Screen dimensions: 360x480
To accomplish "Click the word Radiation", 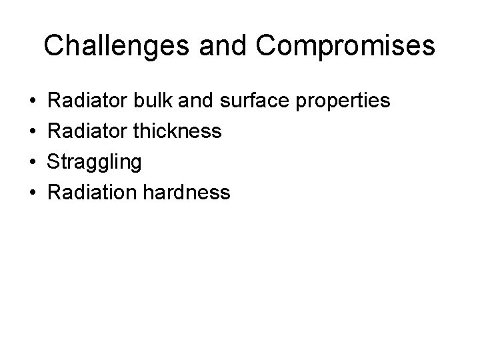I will pyautogui.click(x=92, y=193).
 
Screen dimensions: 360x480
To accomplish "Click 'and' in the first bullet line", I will pyautogui.click(x=209, y=101).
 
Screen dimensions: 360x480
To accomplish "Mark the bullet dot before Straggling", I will pyautogui.click(x=33, y=162).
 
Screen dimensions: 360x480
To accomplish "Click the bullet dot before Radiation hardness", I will pyautogui.click(x=33, y=193).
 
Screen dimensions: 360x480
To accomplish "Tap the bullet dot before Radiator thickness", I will pyautogui.click(x=33, y=131).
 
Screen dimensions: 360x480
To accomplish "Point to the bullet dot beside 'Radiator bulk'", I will pyautogui.click(x=33, y=101).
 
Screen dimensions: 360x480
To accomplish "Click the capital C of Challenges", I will pyautogui.click(x=54, y=46).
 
